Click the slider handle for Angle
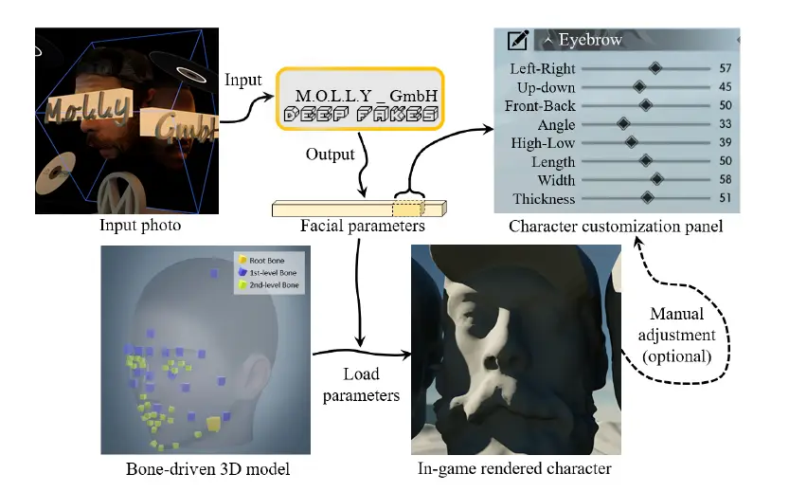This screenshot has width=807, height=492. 623,123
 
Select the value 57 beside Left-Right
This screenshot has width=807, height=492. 726,68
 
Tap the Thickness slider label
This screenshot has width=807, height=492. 544,198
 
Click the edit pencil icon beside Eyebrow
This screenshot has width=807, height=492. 517,40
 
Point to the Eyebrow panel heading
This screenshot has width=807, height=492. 590,40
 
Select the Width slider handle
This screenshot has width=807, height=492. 656,179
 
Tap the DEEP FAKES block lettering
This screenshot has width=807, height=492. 361,114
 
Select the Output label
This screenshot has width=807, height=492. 331,154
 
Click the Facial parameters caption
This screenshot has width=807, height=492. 359,227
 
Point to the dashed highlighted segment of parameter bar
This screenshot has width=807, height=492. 407,207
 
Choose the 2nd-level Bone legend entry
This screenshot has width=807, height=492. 270,283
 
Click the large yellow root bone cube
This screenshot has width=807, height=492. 215,422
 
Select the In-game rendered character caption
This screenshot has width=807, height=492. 514,468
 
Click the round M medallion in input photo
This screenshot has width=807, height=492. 117,193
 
